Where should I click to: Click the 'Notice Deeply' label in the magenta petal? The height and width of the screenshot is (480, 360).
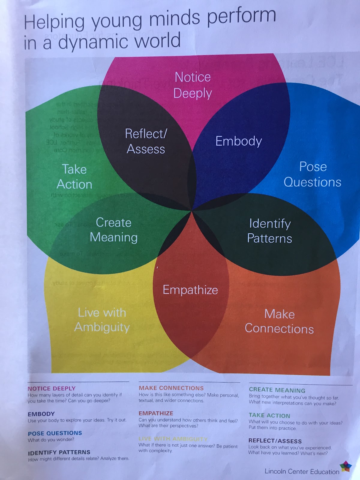(x=193, y=85)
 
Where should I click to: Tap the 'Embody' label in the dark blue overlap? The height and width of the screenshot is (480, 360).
(x=239, y=141)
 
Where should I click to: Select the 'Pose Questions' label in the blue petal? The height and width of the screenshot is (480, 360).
(x=313, y=174)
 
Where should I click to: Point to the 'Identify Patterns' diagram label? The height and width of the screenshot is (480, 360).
(x=269, y=231)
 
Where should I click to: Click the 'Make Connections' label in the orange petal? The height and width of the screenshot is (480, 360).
(x=279, y=321)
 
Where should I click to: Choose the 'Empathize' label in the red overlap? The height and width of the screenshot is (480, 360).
(x=190, y=290)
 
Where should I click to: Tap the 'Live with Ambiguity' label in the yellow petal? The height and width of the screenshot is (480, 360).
(x=102, y=320)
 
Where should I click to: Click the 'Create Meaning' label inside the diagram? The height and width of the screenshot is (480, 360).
(x=114, y=230)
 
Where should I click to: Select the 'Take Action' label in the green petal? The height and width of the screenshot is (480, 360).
(x=74, y=177)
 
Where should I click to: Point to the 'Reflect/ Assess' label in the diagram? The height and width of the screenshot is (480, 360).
(x=146, y=141)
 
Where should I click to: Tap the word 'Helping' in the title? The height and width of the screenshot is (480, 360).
(x=54, y=22)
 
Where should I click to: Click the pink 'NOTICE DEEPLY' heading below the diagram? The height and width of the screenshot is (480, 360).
(x=52, y=388)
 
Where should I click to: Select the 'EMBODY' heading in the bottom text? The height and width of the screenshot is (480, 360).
(x=41, y=414)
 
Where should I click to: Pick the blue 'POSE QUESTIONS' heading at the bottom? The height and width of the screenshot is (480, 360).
(x=55, y=433)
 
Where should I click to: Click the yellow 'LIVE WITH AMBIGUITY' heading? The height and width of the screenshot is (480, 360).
(x=173, y=439)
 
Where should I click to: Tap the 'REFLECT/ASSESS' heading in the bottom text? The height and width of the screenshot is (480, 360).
(x=275, y=441)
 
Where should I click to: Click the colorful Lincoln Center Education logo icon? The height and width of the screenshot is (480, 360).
(x=346, y=466)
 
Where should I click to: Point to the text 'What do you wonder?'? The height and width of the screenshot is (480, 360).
(x=51, y=440)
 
